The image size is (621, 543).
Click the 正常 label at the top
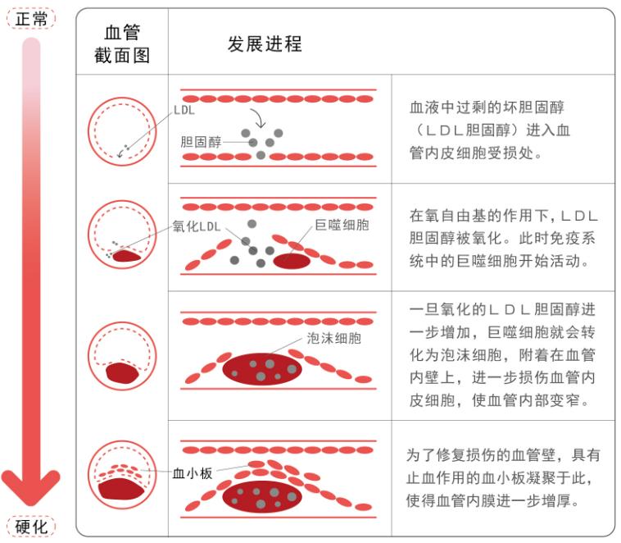[x=31, y=17]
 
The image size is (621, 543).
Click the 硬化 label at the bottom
[x=31, y=526]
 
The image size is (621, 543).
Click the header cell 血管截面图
[x=122, y=44]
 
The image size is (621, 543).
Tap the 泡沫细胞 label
[x=334, y=337]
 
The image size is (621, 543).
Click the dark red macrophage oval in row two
[x=292, y=261]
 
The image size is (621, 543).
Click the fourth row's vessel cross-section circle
[x=122, y=474]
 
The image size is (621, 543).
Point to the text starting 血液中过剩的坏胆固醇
[x=490, y=130]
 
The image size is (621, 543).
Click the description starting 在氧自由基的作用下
[x=503, y=238]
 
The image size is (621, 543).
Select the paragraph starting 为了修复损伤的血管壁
[x=503, y=477]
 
